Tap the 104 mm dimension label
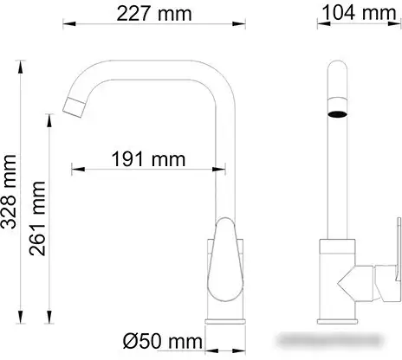pyautogui.click(x=355, y=15)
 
